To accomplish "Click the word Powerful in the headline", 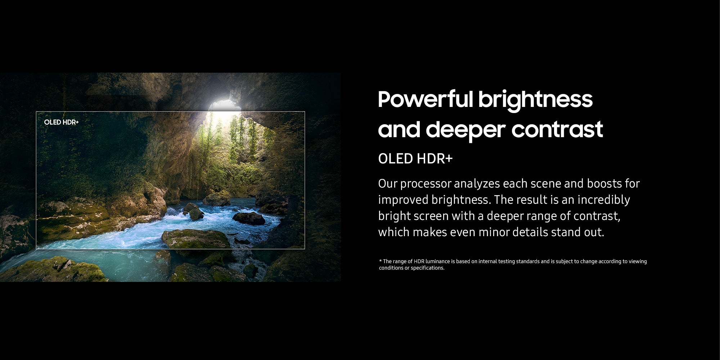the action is tap(425, 99).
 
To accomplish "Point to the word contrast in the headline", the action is tap(557, 129).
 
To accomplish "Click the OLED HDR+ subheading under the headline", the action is tap(415, 159).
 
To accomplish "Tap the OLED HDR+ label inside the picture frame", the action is tap(61, 122).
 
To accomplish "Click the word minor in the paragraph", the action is tap(494, 232).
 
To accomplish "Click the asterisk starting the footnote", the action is tap(380, 261).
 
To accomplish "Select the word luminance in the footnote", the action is tap(438, 261).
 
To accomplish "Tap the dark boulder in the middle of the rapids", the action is tap(249, 218).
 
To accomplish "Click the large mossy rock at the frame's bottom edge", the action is tap(196, 239).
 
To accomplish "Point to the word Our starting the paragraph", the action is tap(387, 184).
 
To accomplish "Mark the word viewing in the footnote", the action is tap(638, 262).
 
